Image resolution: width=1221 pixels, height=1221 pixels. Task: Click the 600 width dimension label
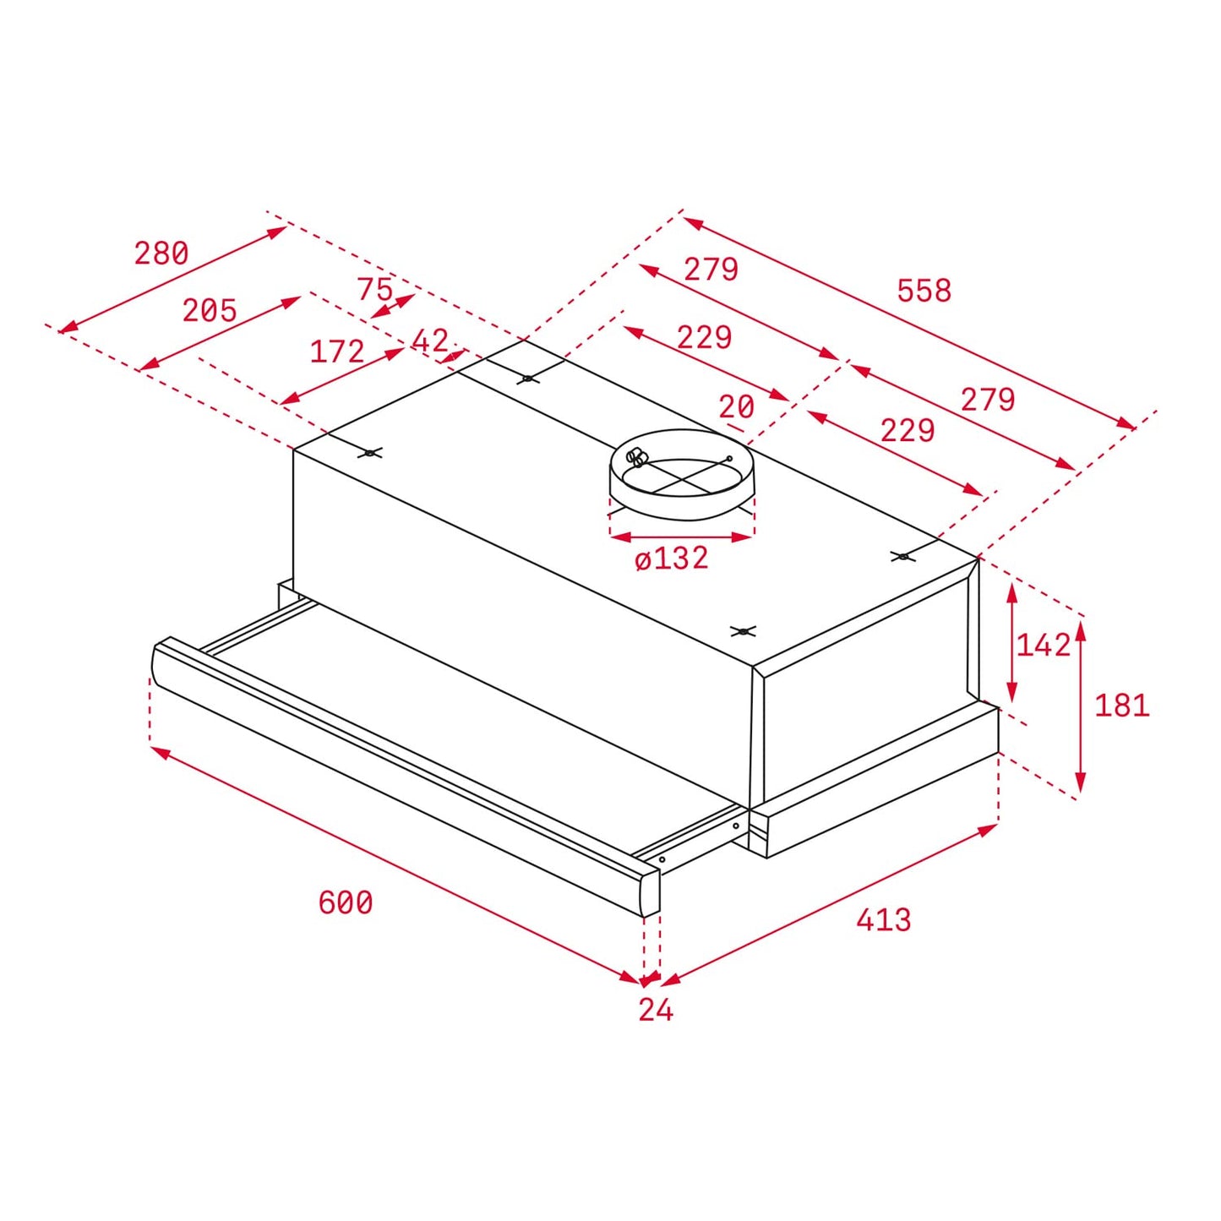tap(346, 902)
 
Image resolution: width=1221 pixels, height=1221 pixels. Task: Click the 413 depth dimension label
tap(884, 919)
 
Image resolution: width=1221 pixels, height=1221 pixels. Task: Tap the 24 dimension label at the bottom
tap(656, 1010)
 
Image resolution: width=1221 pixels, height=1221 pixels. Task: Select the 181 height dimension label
tap(1122, 705)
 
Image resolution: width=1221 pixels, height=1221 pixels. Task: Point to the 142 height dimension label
tap(1044, 646)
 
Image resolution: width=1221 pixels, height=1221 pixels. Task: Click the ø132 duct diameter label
tap(672, 559)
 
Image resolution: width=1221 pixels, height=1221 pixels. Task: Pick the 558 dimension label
tap(924, 291)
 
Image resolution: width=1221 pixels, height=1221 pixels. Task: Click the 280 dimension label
tap(161, 253)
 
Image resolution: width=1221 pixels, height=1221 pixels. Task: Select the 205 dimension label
tap(210, 310)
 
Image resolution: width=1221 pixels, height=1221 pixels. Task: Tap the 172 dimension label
tap(337, 352)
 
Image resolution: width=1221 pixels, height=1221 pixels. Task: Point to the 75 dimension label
tap(375, 289)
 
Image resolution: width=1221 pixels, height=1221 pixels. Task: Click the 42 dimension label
tap(430, 341)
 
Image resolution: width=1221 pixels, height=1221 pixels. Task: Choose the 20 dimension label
tap(736, 407)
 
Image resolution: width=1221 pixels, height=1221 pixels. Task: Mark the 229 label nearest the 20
tap(705, 337)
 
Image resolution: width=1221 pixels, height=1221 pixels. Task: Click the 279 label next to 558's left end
tap(711, 269)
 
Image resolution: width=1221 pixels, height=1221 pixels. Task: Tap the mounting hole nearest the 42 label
tap(527, 379)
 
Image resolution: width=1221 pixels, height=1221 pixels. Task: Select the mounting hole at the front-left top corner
tap(370, 453)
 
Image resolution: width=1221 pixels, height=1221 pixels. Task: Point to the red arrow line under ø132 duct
tap(681, 537)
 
